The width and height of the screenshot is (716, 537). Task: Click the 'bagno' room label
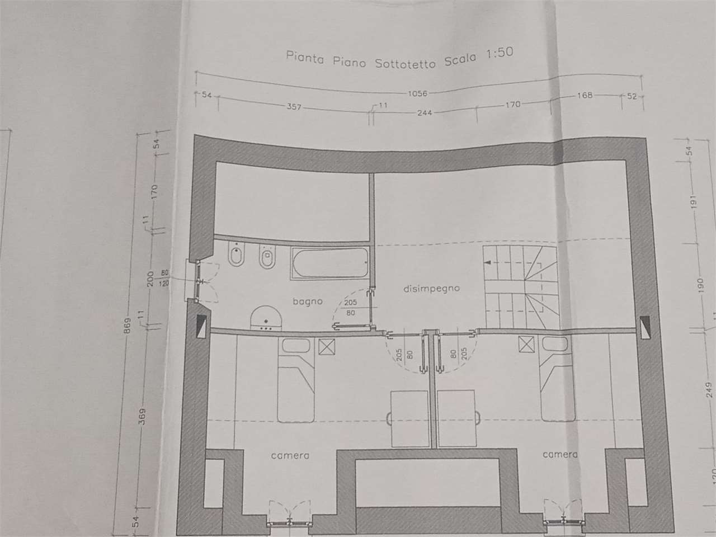(308, 302)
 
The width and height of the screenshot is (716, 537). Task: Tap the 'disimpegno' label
(431, 289)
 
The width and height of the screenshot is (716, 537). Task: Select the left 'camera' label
(290, 455)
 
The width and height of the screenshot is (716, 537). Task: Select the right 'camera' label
(560, 454)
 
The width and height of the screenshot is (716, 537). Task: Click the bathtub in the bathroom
(330, 263)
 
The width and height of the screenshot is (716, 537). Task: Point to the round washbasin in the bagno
(266, 318)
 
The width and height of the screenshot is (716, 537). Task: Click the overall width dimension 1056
(417, 93)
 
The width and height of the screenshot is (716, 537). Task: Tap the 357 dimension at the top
(294, 107)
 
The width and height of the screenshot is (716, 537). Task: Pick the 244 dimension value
(425, 113)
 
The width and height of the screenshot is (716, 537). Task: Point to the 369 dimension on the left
(142, 417)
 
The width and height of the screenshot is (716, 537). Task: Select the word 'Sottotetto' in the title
(405, 63)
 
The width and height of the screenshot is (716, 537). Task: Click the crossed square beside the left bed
(327, 347)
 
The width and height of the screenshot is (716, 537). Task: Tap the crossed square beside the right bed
(526, 345)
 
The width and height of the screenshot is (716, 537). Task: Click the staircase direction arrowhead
(488, 262)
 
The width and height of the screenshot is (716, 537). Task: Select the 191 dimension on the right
(694, 202)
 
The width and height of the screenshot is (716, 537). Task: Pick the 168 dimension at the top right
(585, 95)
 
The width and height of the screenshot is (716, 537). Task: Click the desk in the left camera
(409, 418)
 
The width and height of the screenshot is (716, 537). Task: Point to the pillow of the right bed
(555, 343)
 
